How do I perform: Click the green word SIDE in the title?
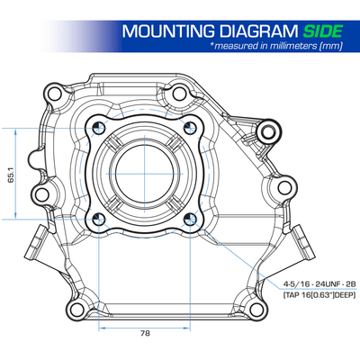pyautogui.click(x=322, y=31)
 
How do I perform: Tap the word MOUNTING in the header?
pyautogui.click(x=168, y=31)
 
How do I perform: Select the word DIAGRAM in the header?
pyautogui.click(x=258, y=31)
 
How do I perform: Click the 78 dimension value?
pyautogui.click(x=145, y=333)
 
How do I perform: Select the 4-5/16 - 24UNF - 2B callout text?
pyautogui.click(x=319, y=283)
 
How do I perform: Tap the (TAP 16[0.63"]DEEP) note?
pyautogui.click(x=319, y=294)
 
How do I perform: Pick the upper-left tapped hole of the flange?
pyautogui.click(x=99, y=129)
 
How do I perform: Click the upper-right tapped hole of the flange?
pyautogui.click(x=190, y=129)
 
